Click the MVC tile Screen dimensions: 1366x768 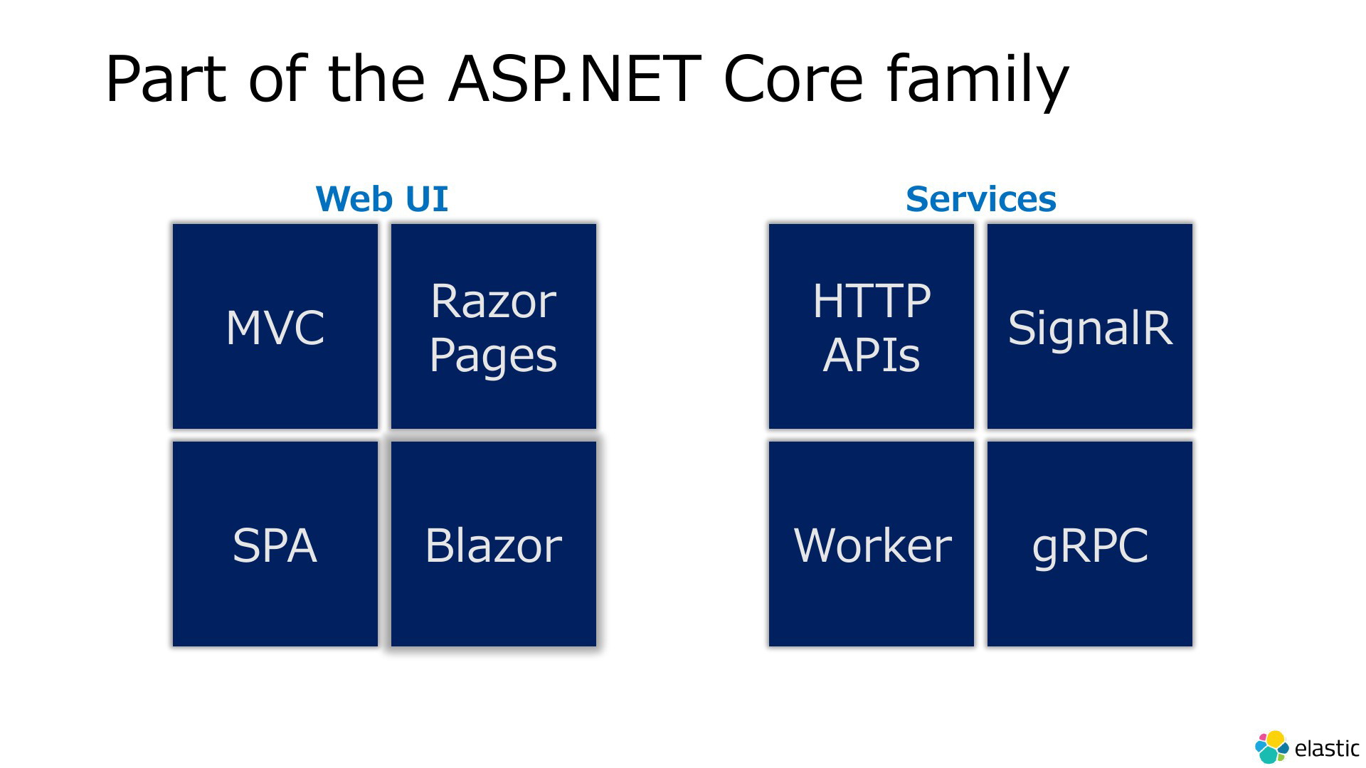tap(275, 326)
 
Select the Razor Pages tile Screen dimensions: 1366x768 tap(494, 326)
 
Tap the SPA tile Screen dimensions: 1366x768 tap(275, 544)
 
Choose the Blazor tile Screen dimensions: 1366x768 tap(494, 544)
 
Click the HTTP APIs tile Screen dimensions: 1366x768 tap(872, 326)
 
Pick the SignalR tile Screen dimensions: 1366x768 tap(1090, 326)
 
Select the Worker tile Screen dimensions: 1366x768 tap(872, 544)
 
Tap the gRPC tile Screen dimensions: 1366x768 tap(1090, 544)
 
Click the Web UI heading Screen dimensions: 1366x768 tap(382, 198)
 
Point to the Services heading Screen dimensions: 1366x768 tap(981, 198)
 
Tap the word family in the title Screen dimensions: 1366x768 tap(978, 80)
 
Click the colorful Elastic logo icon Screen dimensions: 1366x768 tap(1271, 747)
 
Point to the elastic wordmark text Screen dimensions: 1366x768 tap(1327, 748)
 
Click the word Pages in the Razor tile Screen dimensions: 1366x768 tap(493, 355)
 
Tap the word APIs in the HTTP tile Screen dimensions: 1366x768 tap(872, 354)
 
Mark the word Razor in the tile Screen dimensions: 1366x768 tap(493, 301)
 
